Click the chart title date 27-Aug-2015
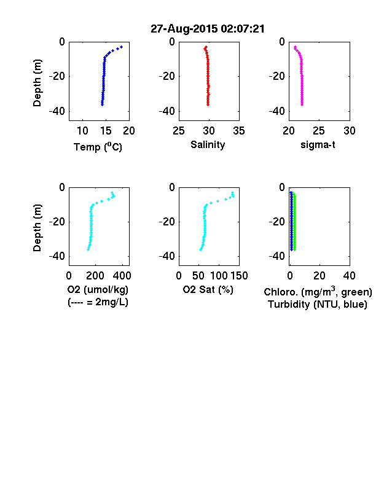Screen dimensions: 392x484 click(184, 29)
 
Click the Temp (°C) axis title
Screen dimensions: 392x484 click(98, 147)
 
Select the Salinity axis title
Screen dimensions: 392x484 click(208, 144)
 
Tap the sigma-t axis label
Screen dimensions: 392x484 click(318, 144)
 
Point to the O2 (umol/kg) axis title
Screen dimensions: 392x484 click(98, 289)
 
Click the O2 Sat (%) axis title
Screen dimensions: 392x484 click(208, 289)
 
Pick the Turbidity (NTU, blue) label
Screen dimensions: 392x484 click(318, 305)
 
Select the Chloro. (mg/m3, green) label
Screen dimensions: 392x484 click(318, 292)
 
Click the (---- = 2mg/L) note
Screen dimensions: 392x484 click(98, 302)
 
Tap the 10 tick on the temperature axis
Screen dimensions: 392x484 click(82, 131)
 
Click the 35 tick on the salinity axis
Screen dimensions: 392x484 click(239, 131)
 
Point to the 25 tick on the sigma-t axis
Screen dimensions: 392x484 click(318, 131)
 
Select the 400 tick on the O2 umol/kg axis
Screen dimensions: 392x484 click(122, 276)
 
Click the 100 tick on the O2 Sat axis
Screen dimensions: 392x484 click(219, 276)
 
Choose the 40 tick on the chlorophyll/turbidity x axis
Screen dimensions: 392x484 click(349, 276)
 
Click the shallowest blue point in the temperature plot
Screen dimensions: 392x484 click(122, 47)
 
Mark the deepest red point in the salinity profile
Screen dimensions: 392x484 click(208, 104)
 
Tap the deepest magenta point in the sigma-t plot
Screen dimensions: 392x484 click(302, 104)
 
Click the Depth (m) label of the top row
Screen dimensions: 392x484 click(37, 83)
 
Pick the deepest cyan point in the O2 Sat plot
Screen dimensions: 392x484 click(201, 249)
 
